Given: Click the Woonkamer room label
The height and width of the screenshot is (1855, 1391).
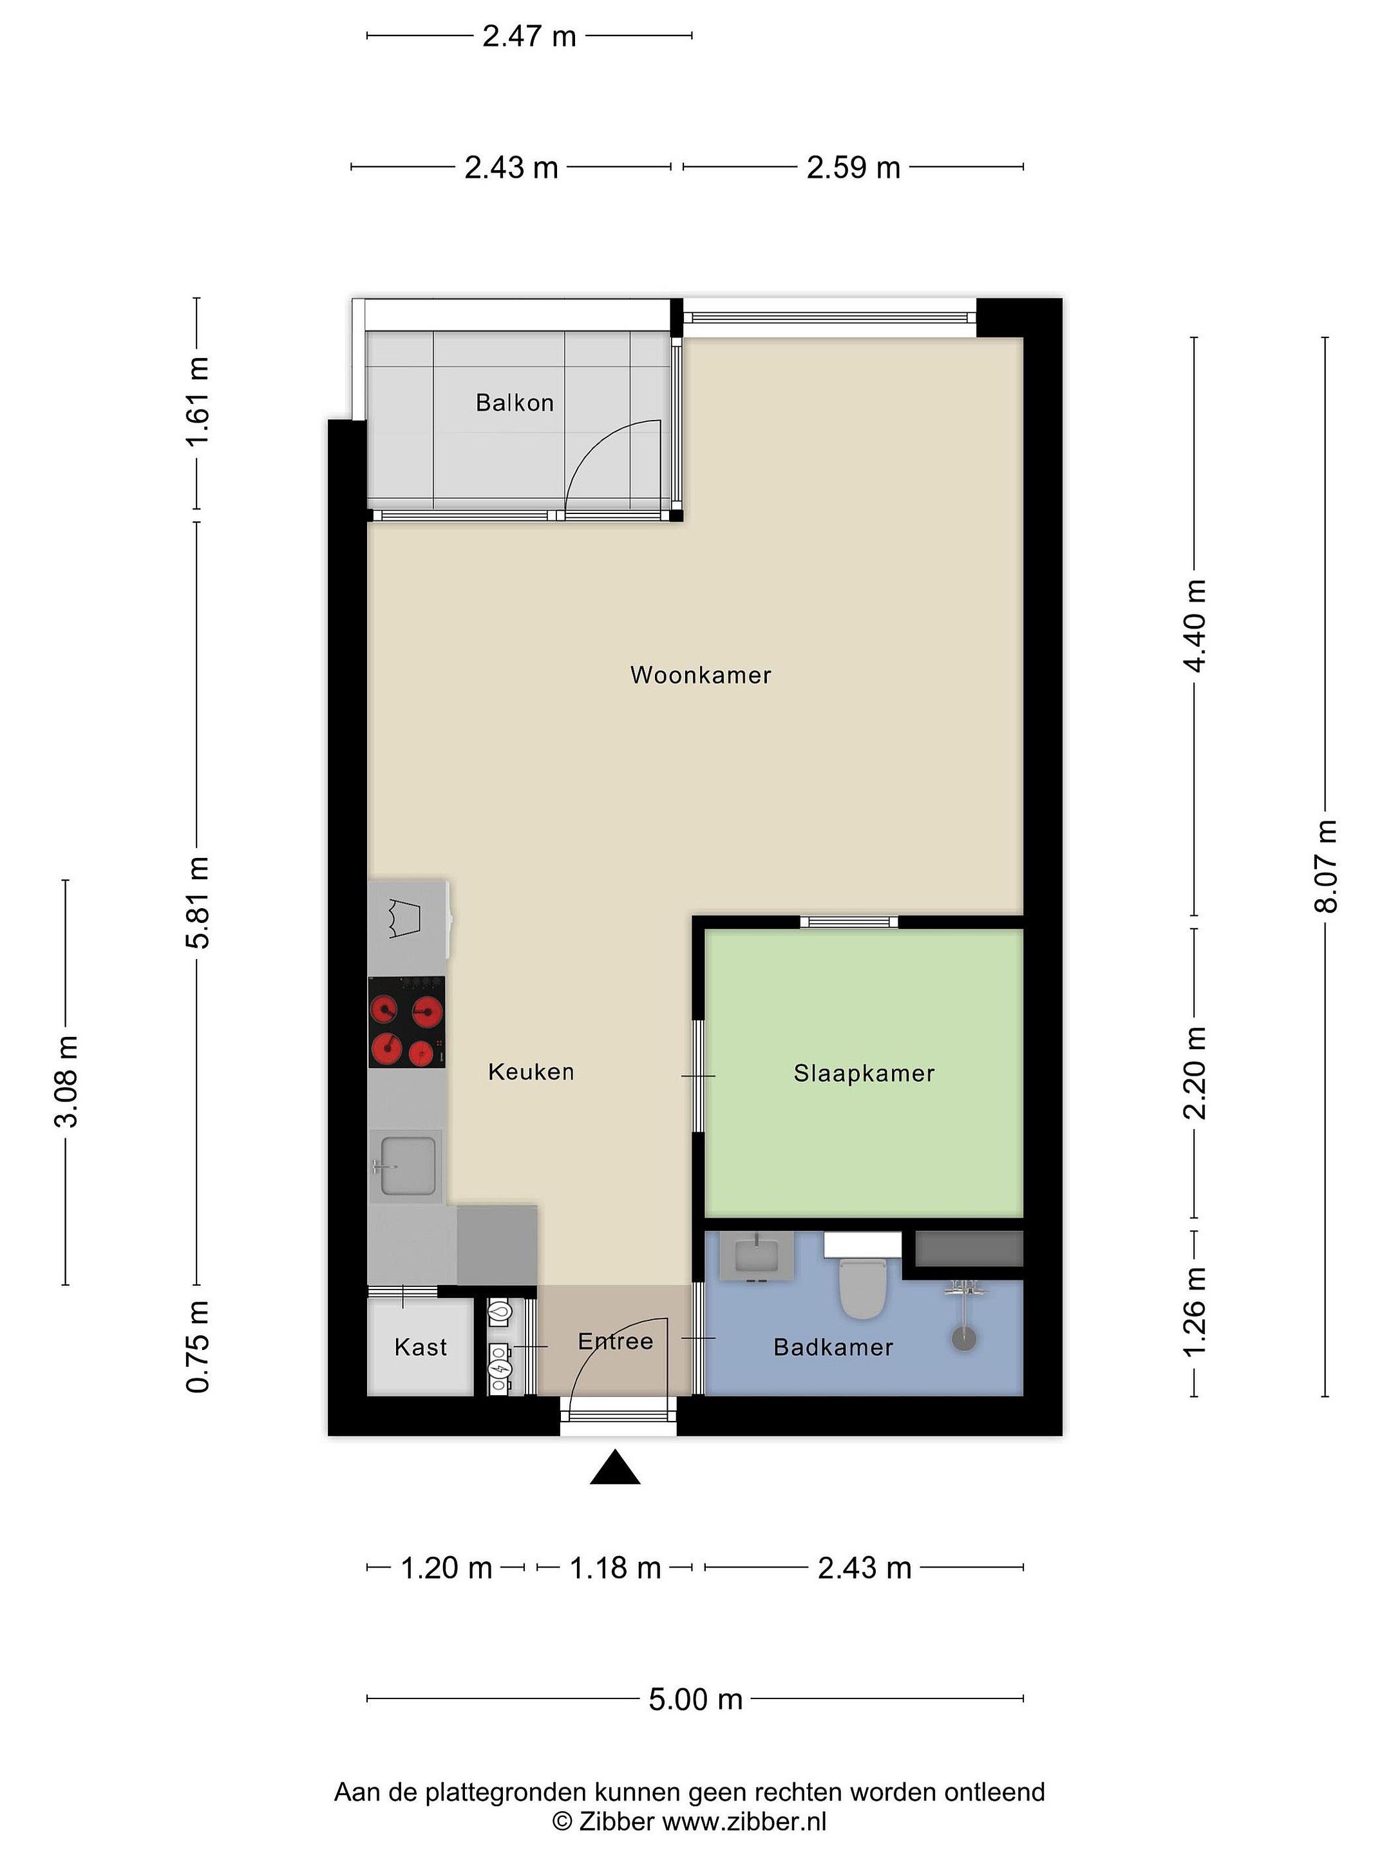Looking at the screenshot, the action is [x=700, y=675].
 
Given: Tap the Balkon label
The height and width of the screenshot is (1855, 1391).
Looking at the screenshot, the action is [x=515, y=403].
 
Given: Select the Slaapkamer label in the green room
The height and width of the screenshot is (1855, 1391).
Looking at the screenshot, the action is [x=864, y=1074].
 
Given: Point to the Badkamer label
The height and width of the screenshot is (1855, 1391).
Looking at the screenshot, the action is [x=833, y=1347].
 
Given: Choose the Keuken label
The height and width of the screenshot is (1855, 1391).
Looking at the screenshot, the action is [x=531, y=1072].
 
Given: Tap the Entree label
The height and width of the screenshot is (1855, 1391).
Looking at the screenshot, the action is [x=616, y=1342].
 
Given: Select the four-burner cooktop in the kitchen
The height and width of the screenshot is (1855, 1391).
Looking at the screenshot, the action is [x=406, y=1022].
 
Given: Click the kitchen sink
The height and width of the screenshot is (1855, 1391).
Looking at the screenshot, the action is [x=408, y=1166].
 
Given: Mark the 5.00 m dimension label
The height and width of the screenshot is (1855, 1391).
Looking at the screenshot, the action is [x=696, y=1700].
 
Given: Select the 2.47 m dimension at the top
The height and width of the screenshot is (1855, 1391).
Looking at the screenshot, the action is [x=529, y=36].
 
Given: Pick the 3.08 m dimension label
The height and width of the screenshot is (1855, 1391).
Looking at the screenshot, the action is [x=66, y=1082].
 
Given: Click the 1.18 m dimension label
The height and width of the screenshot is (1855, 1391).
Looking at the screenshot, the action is [x=616, y=1568].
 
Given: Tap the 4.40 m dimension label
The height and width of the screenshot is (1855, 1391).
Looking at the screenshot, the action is [x=1194, y=625].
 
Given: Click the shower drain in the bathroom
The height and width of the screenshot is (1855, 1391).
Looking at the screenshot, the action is [x=965, y=1339].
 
